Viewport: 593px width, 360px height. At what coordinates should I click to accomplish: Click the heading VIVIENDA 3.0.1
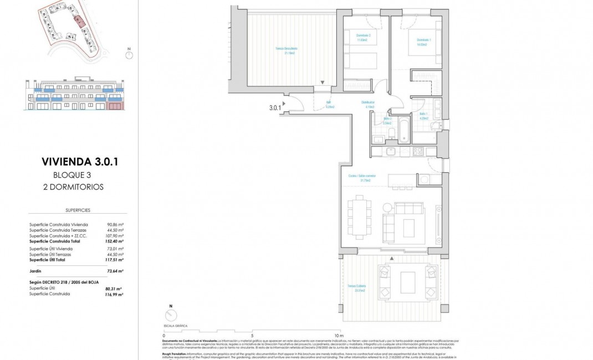[x=80, y=162]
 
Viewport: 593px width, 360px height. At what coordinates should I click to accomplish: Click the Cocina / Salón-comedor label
[x=359, y=178]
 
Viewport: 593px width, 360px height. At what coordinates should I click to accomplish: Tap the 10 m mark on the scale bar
[x=339, y=336]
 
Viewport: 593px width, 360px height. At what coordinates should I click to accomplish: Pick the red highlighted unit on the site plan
[x=79, y=21]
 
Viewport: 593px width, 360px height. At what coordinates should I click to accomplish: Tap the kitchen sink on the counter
[x=390, y=151]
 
